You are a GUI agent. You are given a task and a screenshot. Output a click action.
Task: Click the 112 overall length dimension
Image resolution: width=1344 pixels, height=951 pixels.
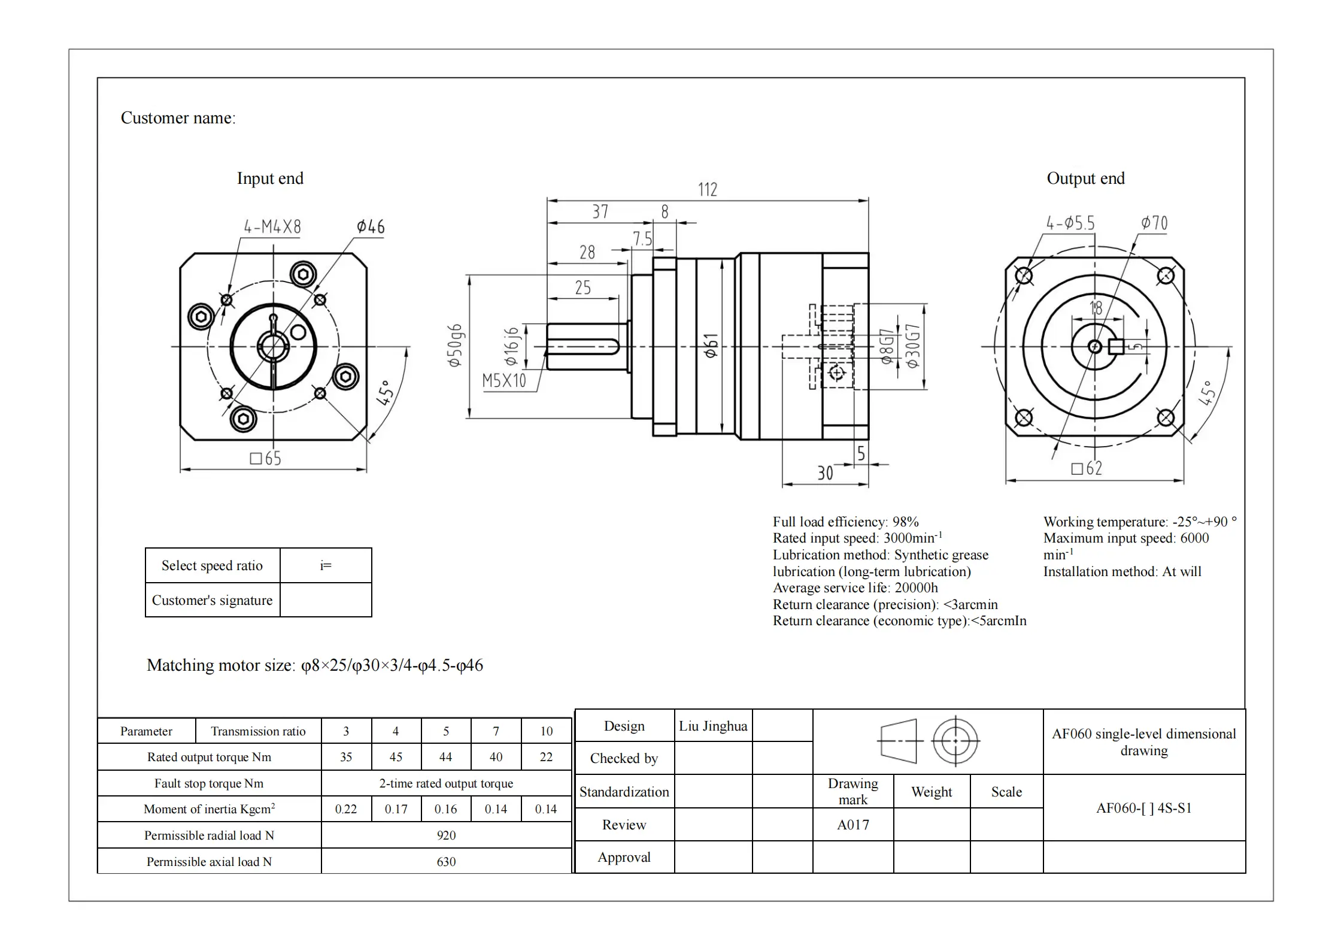(707, 190)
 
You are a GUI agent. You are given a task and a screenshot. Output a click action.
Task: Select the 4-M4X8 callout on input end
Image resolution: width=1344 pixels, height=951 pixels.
(272, 227)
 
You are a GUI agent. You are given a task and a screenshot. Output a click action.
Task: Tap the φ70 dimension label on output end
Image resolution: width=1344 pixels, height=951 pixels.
(1154, 223)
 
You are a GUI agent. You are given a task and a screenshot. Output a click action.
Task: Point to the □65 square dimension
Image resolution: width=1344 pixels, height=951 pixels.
(265, 459)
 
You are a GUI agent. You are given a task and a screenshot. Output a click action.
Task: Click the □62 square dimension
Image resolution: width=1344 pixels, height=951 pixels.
(1086, 468)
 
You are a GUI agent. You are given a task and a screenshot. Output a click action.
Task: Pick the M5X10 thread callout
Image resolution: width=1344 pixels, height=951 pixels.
(504, 380)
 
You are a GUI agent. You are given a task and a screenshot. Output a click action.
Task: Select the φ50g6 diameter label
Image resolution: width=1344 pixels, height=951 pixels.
(455, 346)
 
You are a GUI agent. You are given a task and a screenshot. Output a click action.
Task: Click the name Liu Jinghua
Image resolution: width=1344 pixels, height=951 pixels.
(712, 726)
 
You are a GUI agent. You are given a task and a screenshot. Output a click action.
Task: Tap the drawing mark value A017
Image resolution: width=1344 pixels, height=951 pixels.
(852, 825)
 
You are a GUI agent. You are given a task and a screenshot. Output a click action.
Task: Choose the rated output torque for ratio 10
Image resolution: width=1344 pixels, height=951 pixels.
(546, 757)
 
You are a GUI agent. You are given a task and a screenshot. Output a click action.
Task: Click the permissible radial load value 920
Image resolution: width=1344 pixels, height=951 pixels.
(446, 835)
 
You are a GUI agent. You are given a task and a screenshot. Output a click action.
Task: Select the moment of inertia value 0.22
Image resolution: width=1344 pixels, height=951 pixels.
(345, 809)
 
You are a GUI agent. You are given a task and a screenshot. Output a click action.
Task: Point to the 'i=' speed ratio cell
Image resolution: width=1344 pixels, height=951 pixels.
(326, 565)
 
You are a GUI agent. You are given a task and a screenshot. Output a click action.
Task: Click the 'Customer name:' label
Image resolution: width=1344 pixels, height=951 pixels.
(178, 118)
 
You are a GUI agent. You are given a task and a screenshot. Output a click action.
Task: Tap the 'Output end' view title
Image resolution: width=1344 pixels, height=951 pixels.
(1085, 178)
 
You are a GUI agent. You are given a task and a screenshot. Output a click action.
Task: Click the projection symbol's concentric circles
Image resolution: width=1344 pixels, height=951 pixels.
(955, 741)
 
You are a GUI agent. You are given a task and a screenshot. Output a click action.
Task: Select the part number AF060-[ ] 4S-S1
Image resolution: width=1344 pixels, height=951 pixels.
(1143, 808)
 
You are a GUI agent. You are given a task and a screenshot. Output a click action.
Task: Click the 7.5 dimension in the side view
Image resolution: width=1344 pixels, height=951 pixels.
(642, 239)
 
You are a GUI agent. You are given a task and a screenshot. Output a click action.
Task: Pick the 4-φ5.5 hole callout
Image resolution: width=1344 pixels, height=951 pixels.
(1070, 223)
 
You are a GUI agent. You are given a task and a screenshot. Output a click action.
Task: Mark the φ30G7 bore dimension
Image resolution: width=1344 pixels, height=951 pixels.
(912, 346)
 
